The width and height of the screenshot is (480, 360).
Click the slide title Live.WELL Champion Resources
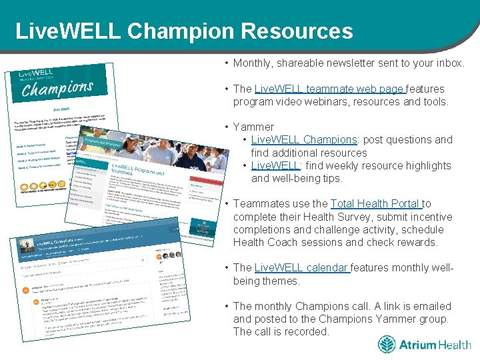pos(183,31)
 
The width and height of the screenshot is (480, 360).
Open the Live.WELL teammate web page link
pos(329,89)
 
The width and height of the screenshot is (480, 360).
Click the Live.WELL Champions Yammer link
pos(305,140)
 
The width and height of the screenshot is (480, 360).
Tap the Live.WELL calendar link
pos(301,268)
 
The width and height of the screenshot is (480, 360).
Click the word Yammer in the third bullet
pos(253,127)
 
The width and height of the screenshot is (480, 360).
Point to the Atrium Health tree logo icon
pos(387,345)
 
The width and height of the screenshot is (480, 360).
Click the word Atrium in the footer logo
pos(417,345)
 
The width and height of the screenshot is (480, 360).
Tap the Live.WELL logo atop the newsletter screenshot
pos(36,72)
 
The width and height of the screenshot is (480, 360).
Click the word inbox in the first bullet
pos(450,63)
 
